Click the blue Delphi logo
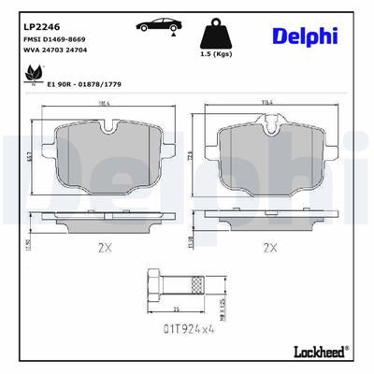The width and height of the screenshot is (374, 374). click(305, 36)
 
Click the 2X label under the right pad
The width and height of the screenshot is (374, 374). click(270, 248)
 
